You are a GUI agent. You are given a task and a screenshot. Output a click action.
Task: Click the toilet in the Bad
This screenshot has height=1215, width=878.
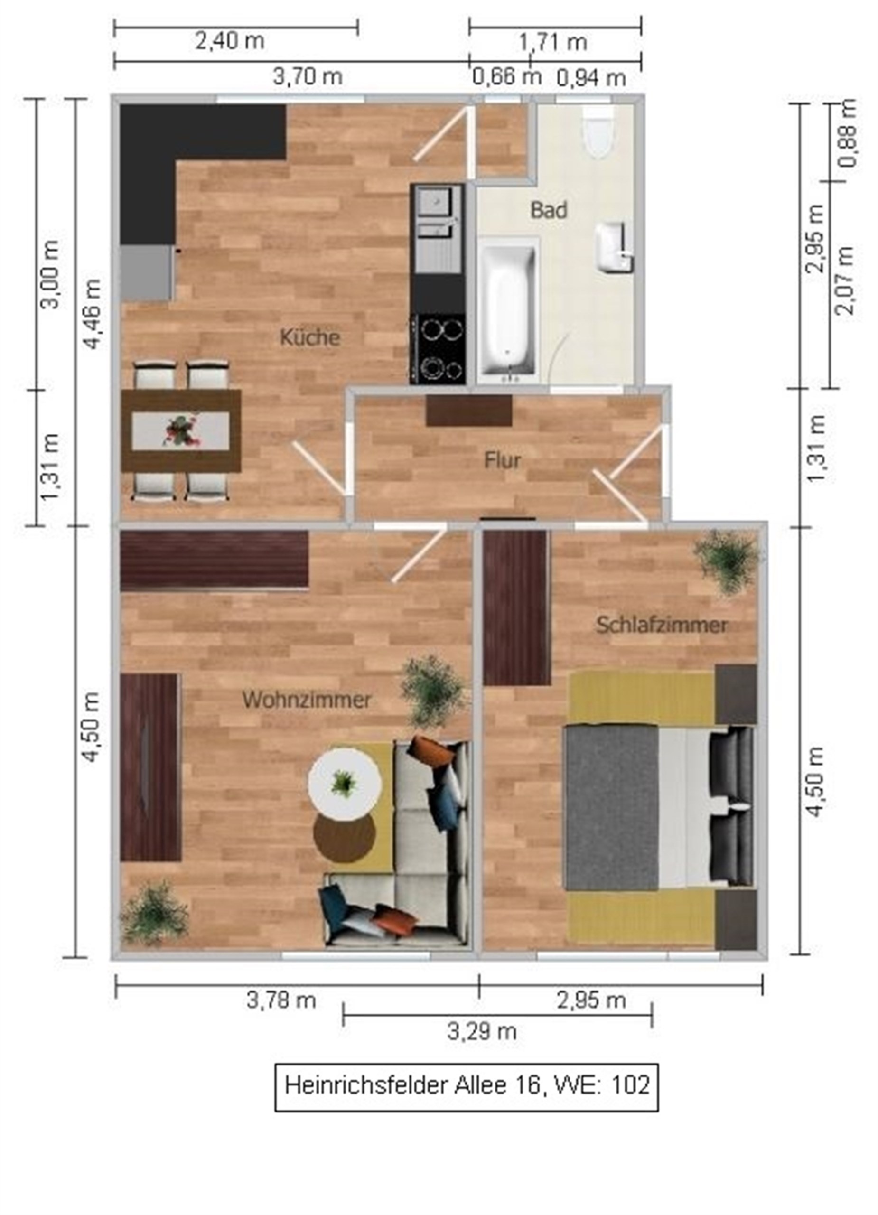(598, 130)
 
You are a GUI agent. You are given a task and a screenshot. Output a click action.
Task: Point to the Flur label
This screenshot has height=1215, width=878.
(502, 460)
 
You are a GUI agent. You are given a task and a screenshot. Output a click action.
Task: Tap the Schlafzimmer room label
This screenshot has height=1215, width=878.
(662, 625)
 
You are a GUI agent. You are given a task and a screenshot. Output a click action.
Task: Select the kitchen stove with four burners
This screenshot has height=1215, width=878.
(438, 348)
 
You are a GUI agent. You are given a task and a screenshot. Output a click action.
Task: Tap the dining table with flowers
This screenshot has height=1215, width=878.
(181, 431)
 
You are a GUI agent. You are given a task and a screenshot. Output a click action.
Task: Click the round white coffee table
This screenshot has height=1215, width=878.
(345, 783)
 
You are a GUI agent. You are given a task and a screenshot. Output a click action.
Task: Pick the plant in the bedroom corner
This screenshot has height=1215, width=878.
(729, 561)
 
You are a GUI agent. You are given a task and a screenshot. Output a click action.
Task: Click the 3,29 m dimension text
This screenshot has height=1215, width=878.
(482, 1031)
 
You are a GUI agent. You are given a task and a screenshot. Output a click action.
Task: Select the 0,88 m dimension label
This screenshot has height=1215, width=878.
(846, 133)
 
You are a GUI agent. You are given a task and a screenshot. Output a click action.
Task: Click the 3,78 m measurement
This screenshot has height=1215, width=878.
(281, 1000)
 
